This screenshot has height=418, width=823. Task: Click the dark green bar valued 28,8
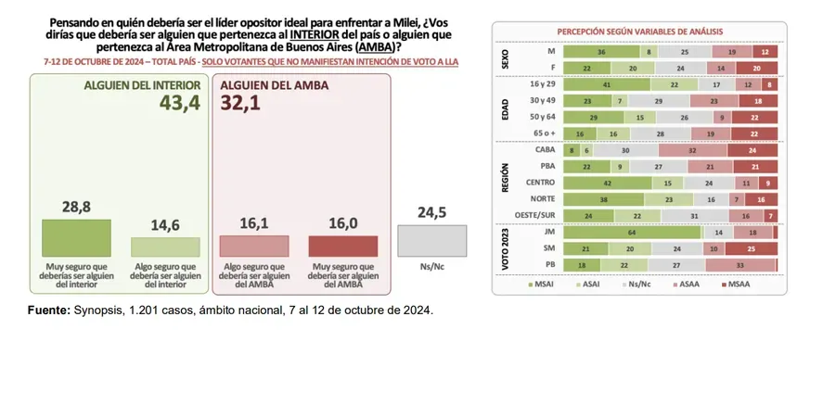[x=76, y=238]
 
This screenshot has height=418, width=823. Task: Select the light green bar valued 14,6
[x=165, y=247]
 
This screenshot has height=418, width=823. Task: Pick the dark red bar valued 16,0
[x=343, y=246]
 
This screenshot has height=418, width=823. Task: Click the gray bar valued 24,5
[x=431, y=241]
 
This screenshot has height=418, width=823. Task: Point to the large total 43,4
[x=178, y=103]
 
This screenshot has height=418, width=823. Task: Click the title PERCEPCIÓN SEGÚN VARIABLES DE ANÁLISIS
[x=639, y=32]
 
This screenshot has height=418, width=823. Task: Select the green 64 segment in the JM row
[x=631, y=233]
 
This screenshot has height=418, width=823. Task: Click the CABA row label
[x=546, y=149]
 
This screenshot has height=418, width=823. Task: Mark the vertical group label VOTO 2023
[x=506, y=248]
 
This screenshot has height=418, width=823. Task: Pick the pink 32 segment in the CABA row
[x=692, y=149]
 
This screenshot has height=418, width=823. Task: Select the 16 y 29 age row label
[x=543, y=83]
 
